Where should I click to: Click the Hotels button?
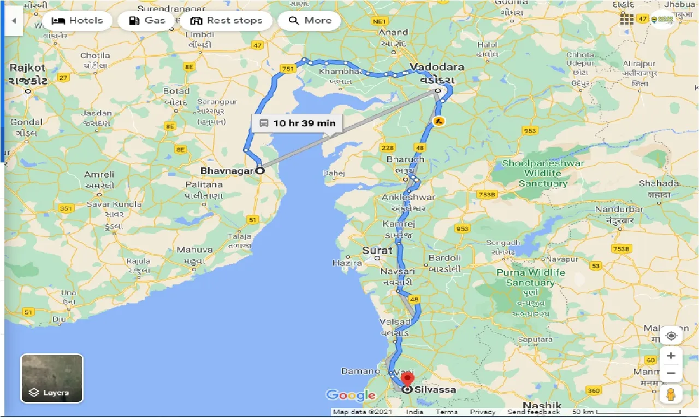(x=77, y=21)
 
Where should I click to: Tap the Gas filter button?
(x=147, y=21)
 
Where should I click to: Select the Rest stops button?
(x=226, y=21)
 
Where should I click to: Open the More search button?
(x=310, y=21)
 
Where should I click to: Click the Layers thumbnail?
(x=52, y=378)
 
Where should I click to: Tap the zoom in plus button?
(x=671, y=356)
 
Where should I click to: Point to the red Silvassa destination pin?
(x=407, y=380)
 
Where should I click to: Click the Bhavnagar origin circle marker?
(x=260, y=170)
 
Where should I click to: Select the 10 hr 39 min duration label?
(x=297, y=123)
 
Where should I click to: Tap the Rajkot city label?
(x=27, y=68)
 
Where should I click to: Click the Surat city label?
(x=377, y=250)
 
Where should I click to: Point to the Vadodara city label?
(x=436, y=67)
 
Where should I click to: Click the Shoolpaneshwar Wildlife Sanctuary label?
(x=543, y=173)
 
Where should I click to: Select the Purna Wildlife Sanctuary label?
(x=530, y=277)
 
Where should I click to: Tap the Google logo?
(x=351, y=395)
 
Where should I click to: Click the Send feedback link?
(x=534, y=412)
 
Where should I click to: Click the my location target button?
(x=671, y=335)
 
